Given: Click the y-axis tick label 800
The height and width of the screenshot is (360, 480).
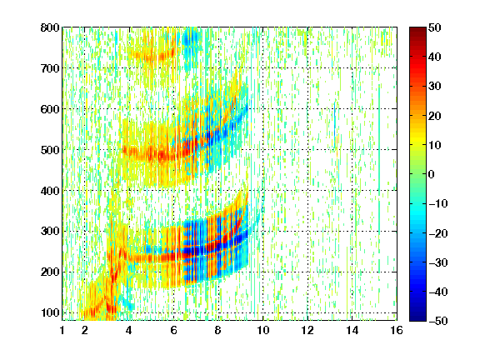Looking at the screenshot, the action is click(50, 27).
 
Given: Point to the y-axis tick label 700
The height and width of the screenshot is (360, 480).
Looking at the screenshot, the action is click(50, 68).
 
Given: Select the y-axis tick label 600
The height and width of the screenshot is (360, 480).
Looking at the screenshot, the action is click(50, 109).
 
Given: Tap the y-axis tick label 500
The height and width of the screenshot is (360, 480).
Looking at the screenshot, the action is click(50, 150).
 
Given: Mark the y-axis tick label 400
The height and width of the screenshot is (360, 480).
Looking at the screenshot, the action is click(50, 191).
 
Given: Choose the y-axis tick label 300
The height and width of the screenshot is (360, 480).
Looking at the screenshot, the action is click(50, 232).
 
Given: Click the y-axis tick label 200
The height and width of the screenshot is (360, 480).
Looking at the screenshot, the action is click(50, 272).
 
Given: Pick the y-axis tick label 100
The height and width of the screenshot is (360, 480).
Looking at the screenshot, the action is click(50, 312).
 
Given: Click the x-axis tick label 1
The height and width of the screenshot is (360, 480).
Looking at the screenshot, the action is click(62, 331).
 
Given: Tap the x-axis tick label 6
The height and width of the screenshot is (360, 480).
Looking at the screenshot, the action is click(174, 331).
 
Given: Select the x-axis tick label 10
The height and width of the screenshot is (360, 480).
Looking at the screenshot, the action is click(263, 331).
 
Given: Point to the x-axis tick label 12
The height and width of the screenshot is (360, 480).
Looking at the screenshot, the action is click(307, 331).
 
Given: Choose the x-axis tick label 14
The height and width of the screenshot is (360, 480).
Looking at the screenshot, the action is click(352, 331).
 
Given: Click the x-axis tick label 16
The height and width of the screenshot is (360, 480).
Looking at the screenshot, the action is click(397, 331).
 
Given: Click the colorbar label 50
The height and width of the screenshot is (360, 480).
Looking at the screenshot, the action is click(435, 27).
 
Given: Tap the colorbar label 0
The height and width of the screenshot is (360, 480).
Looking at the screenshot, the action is click(432, 174).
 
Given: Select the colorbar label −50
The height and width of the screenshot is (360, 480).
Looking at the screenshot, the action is click(438, 321).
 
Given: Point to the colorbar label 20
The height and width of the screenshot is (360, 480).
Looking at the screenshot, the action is click(435, 116).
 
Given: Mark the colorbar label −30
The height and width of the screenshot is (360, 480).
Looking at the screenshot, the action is click(438, 262).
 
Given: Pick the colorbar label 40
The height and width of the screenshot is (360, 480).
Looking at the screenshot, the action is click(435, 57).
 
